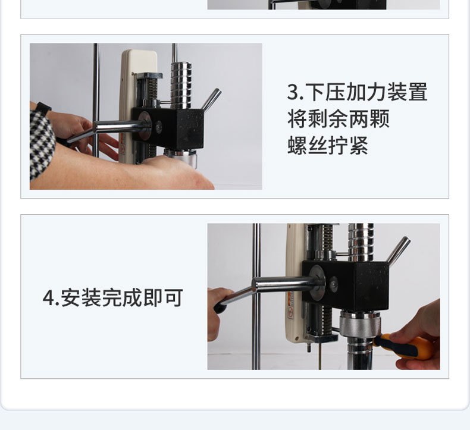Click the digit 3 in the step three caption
pos(292,92)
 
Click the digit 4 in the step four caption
pos(48,297)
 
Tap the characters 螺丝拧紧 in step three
pos(328,145)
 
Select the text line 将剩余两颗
pos(338,119)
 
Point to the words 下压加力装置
pos(366,92)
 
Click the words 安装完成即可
pos(122,297)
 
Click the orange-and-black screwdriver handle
pos(404,346)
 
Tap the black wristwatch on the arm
pos(44,108)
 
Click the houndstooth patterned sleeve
pos(42,145)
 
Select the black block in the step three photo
pos(168,129)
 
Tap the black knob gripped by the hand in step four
pos(221,307)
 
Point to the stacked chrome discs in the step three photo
pos(181,86)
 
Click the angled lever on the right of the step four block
pos(398,252)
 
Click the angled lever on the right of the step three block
pos(211,100)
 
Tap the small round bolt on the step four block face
pos(333,284)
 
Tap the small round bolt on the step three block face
pos(159,127)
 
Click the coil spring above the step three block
pos(152,89)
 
